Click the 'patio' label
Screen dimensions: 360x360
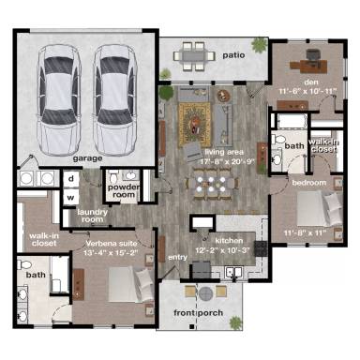[233, 55]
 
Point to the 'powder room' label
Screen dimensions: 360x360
[124, 190]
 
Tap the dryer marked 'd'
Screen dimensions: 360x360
[71, 178]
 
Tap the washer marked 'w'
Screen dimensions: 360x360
[71, 197]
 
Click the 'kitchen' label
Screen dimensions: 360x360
[229, 241]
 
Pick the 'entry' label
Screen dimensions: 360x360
[177, 256]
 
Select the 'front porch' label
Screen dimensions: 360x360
[197, 312]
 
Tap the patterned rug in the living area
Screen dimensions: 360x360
[198, 121]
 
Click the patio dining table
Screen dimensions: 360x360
[195, 54]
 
